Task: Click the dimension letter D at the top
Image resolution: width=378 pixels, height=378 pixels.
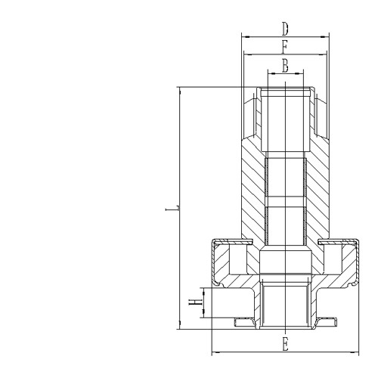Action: (x=284, y=29)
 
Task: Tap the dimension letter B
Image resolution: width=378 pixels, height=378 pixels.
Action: (x=284, y=66)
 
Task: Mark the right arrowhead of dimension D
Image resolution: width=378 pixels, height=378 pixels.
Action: (x=327, y=36)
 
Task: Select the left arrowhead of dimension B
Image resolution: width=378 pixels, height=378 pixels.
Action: (x=270, y=74)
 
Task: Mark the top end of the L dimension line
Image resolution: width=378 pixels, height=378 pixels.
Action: (x=180, y=88)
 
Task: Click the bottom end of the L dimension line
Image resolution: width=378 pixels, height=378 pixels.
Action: (x=180, y=328)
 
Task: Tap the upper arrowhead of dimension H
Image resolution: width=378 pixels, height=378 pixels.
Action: (x=202, y=290)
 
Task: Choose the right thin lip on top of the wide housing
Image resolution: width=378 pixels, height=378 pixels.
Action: (x=338, y=241)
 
